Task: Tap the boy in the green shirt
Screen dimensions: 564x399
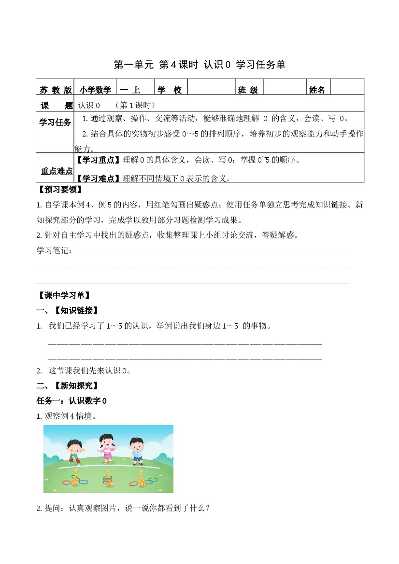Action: [x=73, y=451]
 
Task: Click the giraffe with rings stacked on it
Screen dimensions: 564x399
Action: [x=108, y=478]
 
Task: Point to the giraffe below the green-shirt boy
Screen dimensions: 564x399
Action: [x=75, y=478]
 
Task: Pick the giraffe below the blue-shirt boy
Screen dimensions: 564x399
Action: [x=141, y=478]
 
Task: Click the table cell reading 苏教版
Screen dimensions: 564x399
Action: [x=56, y=90]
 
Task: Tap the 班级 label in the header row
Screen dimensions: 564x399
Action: [x=248, y=90]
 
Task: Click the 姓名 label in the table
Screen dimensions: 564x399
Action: [x=317, y=90]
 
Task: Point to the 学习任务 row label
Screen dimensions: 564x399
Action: [x=55, y=122]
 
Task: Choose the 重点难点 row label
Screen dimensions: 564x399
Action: [x=56, y=171]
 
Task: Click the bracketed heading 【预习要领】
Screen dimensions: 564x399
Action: [x=60, y=189]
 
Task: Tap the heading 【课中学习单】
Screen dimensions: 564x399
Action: [x=64, y=295]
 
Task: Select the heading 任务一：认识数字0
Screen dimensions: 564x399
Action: [x=71, y=400]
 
